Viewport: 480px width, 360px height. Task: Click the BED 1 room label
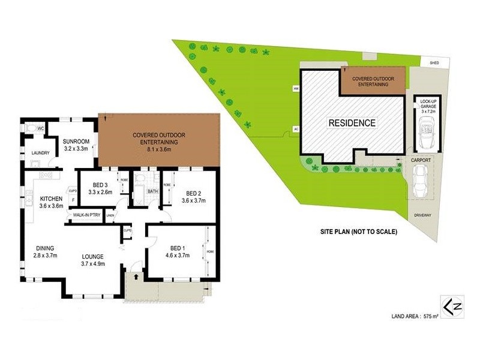coord(177,247)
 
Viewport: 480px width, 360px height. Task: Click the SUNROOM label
coord(76,141)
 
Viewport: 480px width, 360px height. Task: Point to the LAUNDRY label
coord(40,153)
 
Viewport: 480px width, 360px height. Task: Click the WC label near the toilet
coord(41,128)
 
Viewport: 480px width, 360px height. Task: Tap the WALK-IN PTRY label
coord(87,215)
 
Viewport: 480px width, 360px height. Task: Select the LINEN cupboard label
coord(110,215)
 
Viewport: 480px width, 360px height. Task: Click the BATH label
coord(152,191)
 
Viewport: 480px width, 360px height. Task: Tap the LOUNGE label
coord(93,256)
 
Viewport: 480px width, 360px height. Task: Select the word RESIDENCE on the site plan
coord(352,123)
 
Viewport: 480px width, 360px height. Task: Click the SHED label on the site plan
coord(430,62)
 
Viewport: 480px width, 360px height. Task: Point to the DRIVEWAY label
coord(422,215)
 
